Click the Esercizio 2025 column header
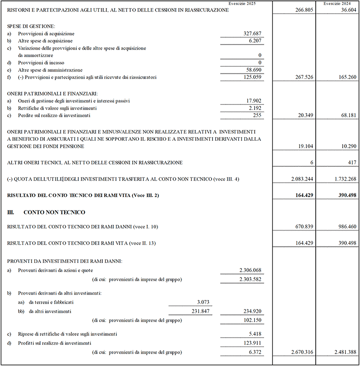pyautogui.click(x=242, y=3)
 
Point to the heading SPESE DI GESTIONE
pyautogui.click(x=31, y=27)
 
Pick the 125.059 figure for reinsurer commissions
pyautogui.click(x=253, y=77)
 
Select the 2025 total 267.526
pyautogui.click(x=302, y=77)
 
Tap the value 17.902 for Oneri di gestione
pyautogui.click(x=254, y=101)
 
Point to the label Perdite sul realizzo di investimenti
pyautogui.click(x=54, y=116)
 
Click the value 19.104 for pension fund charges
pyautogui.click(x=304, y=146)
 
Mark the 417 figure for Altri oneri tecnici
pyautogui.click(x=352, y=162)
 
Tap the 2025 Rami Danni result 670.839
pyautogui.click(x=302, y=227)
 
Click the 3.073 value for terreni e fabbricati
pyautogui.click(x=204, y=302)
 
